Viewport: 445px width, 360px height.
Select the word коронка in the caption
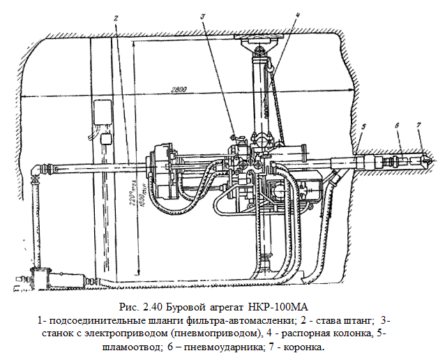(x=303, y=347)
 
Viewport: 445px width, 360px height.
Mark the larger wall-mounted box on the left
(x=103, y=111)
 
